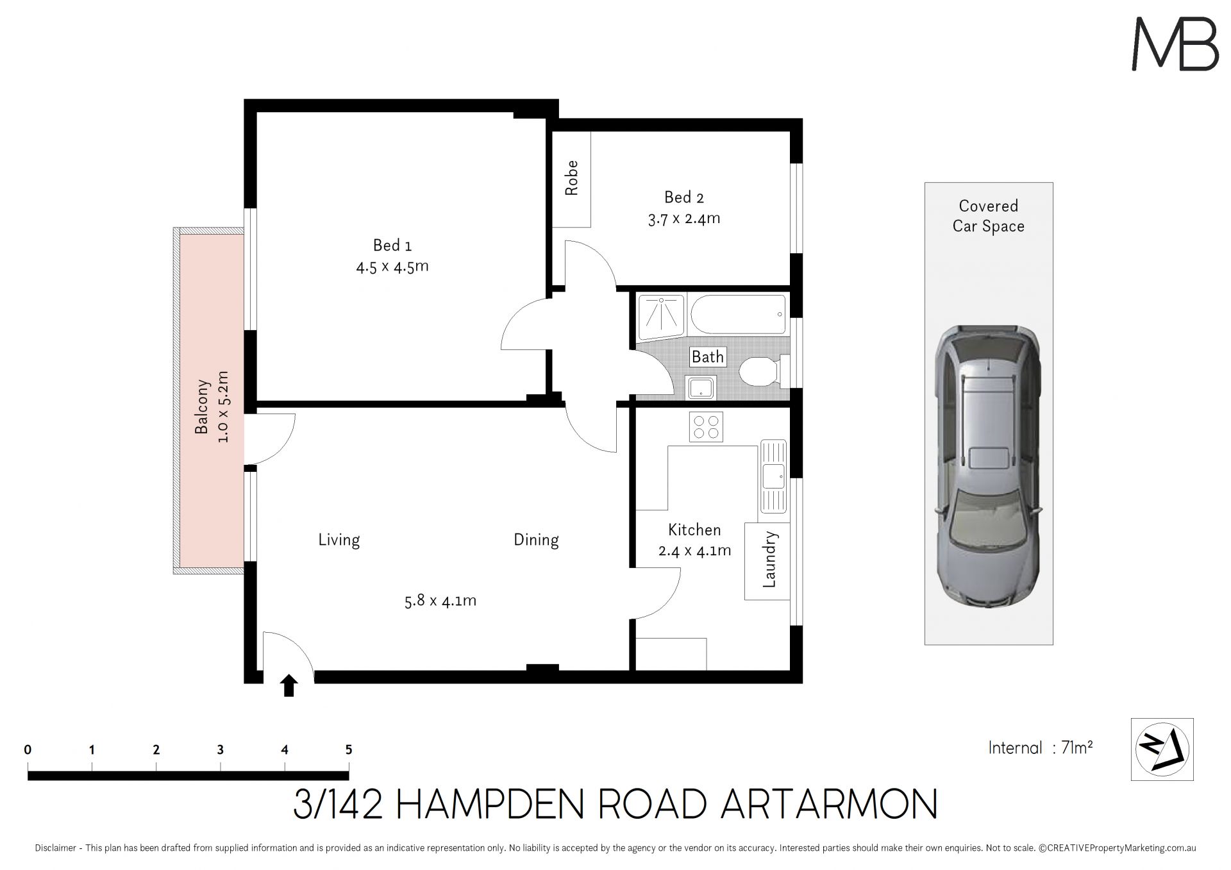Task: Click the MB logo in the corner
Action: click(1175, 44)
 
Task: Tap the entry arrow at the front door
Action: click(289, 685)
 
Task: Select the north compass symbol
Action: click(1162, 749)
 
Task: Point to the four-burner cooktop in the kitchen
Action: click(706, 427)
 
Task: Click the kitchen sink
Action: click(773, 476)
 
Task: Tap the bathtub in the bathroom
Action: click(738, 314)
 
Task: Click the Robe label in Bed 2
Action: click(571, 178)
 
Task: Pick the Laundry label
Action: click(769, 560)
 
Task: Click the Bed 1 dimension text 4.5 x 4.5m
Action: click(392, 266)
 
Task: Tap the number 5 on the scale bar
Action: click(349, 749)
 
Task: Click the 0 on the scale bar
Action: click(28, 749)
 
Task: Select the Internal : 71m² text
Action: click(1041, 748)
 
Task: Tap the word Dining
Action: click(536, 540)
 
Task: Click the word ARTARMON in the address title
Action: click(828, 804)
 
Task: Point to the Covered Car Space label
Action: click(989, 216)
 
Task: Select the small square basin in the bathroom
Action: click(699, 387)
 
